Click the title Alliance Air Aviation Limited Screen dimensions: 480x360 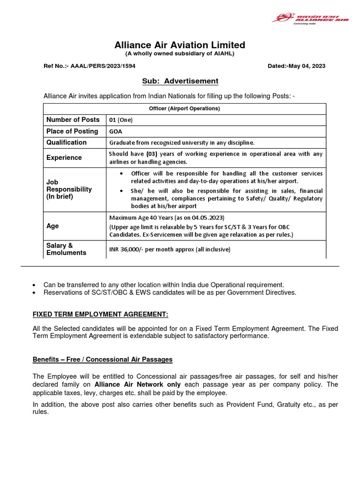point(180,45)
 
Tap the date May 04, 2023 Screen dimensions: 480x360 point(309,66)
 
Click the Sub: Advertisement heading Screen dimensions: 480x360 point(180,81)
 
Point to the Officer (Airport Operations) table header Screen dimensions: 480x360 point(185,108)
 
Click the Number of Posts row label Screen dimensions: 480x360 point(73,120)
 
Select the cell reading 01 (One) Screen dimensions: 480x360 point(121,120)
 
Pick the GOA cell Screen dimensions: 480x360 point(116,132)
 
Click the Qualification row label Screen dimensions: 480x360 point(67,142)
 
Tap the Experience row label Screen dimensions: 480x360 point(64,157)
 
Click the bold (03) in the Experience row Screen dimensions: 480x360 point(151,154)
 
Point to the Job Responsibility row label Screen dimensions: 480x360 point(69,189)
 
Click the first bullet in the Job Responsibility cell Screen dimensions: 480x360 point(122,173)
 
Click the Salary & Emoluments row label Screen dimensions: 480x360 point(66,249)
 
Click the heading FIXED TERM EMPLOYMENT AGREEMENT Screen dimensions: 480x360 point(100,314)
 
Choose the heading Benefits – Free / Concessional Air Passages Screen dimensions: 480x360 point(103,360)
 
